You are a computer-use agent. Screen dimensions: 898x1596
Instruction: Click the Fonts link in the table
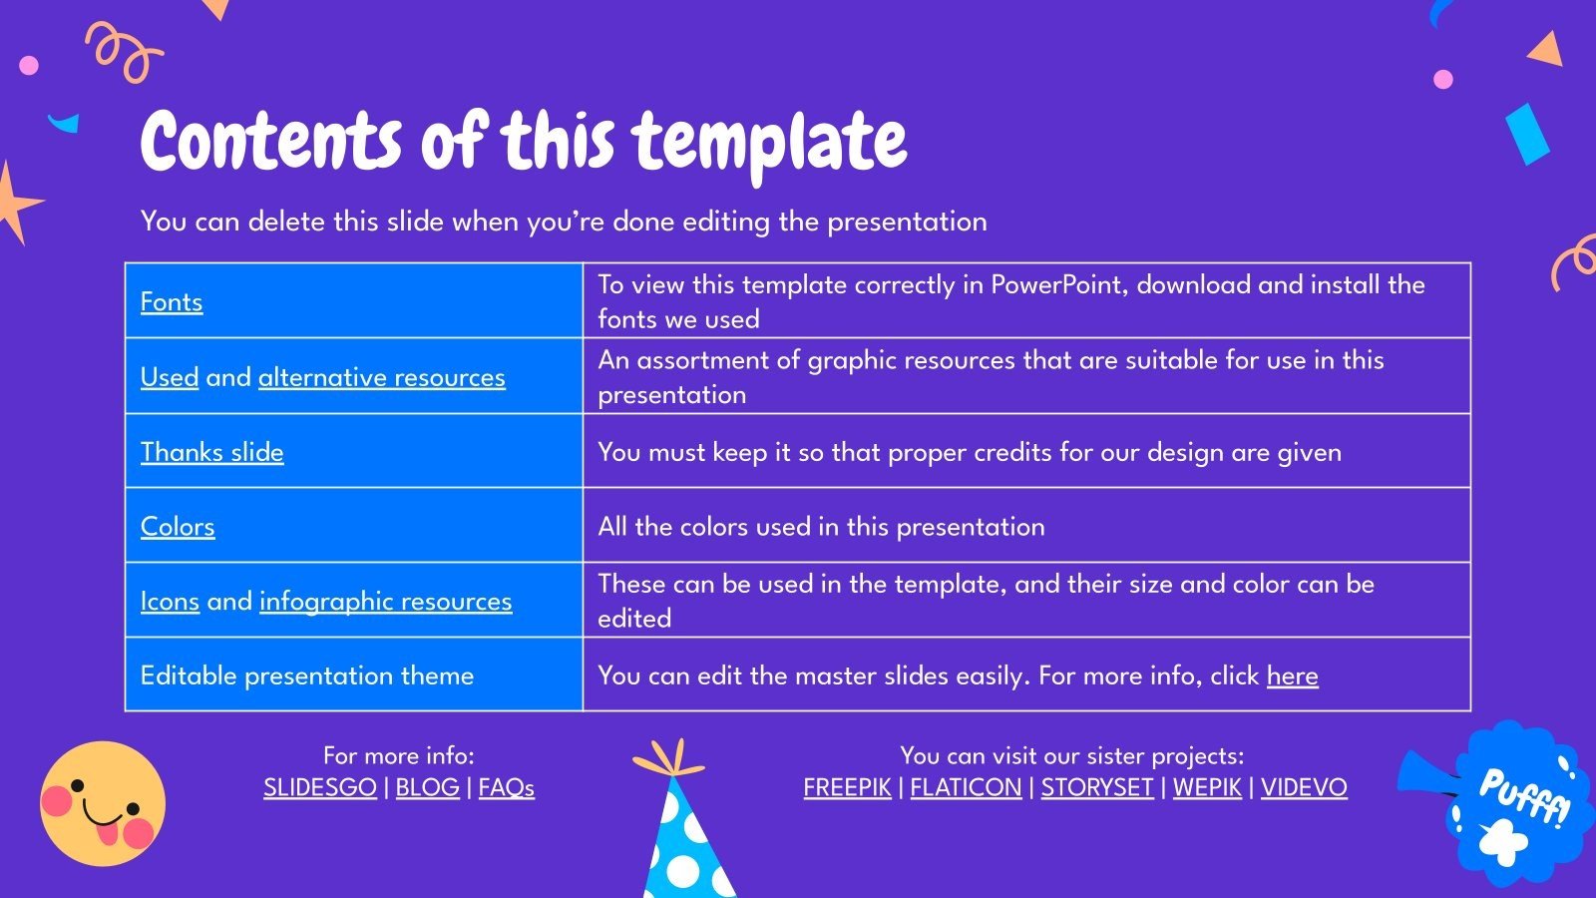point(172,301)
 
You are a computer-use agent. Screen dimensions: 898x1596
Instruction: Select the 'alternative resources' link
point(381,377)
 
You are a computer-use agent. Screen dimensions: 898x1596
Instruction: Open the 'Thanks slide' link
point(211,452)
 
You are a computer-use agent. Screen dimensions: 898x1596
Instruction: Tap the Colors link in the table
point(178,526)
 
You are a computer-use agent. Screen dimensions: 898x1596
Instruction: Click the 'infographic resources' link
point(385,601)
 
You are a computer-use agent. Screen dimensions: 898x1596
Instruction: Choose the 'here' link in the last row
point(1292,675)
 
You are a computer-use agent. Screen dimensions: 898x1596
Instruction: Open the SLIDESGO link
point(320,787)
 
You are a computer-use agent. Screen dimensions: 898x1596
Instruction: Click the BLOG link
point(427,787)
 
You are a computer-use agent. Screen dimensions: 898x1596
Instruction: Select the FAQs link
point(506,787)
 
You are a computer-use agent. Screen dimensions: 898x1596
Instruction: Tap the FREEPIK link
point(847,787)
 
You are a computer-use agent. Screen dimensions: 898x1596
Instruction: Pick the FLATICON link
point(966,787)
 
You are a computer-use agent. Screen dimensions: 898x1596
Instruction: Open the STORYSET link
point(1097,787)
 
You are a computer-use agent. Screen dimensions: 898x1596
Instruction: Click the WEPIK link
point(1207,787)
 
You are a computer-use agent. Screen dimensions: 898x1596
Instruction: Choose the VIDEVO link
point(1304,787)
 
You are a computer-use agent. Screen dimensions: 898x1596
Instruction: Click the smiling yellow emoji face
point(102,802)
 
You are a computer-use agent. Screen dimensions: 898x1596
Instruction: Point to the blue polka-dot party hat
point(683,838)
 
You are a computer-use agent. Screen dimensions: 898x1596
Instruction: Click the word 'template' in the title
point(769,142)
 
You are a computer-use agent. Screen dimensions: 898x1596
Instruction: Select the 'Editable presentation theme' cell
point(307,675)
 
